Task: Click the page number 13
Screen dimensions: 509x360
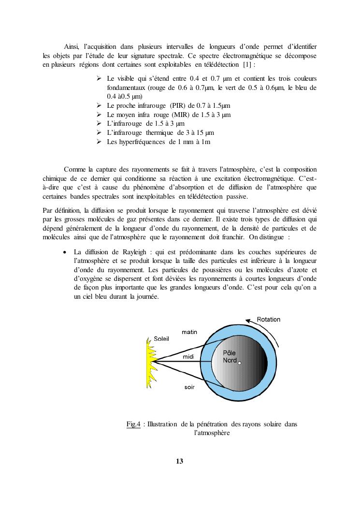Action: [x=179, y=461]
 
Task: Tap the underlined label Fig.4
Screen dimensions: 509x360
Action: [x=133, y=424]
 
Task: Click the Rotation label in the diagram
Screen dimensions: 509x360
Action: [x=268, y=320]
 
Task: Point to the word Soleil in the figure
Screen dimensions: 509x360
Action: [x=161, y=339]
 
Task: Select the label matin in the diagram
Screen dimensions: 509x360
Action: [x=189, y=332]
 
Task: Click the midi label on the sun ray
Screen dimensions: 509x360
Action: [x=188, y=357]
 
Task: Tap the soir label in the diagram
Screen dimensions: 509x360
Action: [x=189, y=388]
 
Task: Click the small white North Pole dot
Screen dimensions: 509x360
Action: [x=240, y=363]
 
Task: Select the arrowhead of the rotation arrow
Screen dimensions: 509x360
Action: [x=248, y=320]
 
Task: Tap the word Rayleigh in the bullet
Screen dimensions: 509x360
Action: [x=127, y=252]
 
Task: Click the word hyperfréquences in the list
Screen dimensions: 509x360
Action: [x=144, y=142]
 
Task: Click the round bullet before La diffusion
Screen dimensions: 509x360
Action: [x=65, y=252]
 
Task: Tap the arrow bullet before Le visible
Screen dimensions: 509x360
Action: [x=99, y=78]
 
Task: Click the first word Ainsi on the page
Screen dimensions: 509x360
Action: [x=72, y=46]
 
